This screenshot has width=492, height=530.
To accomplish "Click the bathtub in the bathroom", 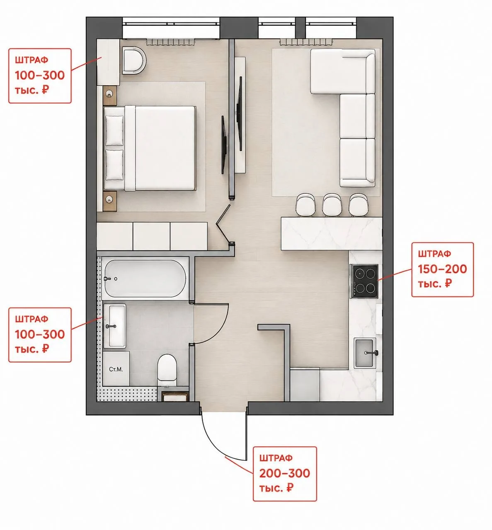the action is [145, 278].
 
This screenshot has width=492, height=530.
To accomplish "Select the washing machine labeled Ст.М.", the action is [116, 369].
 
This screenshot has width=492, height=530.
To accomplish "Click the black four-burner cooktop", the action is [364, 281].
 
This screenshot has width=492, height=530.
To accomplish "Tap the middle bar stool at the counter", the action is [332, 205].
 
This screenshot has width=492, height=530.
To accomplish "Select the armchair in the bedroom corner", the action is [134, 60].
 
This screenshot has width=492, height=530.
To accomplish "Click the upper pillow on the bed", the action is [114, 130].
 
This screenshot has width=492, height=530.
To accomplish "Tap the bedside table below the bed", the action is [110, 201].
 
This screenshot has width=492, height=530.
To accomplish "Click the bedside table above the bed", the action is [110, 96].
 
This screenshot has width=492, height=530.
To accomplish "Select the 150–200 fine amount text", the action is [442, 269].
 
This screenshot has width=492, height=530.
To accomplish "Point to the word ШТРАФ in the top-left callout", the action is [32, 60].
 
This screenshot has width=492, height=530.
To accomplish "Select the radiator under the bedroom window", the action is [170, 42].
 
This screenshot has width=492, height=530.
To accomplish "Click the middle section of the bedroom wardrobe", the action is [152, 236].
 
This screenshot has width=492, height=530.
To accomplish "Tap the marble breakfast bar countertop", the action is [332, 234].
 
